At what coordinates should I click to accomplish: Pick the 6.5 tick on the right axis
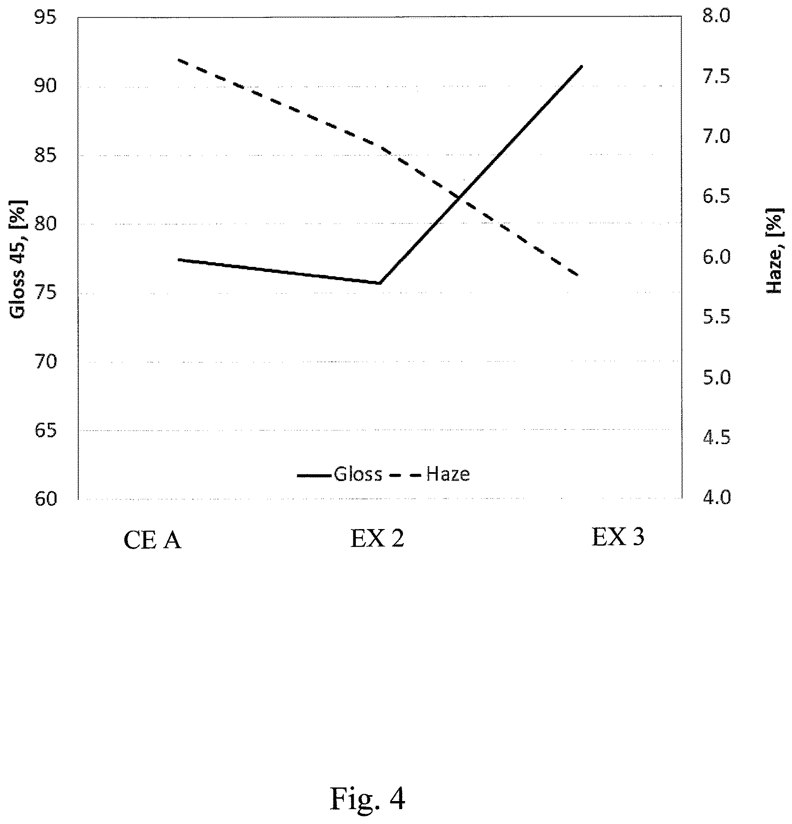[716, 197]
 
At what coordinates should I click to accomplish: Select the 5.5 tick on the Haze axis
[716, 317]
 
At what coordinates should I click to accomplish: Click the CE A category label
[153, 541]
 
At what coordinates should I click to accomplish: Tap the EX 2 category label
[377, 539]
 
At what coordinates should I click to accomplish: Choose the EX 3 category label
[618, 537]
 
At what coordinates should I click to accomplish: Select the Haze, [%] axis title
[775, 251]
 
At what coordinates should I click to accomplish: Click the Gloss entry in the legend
[340, 474]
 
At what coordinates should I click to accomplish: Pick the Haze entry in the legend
[429, 474]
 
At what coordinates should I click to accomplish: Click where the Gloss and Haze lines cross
[460, 197]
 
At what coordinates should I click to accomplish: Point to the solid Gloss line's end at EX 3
[582, 66]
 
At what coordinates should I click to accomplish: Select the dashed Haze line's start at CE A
[178, 60]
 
